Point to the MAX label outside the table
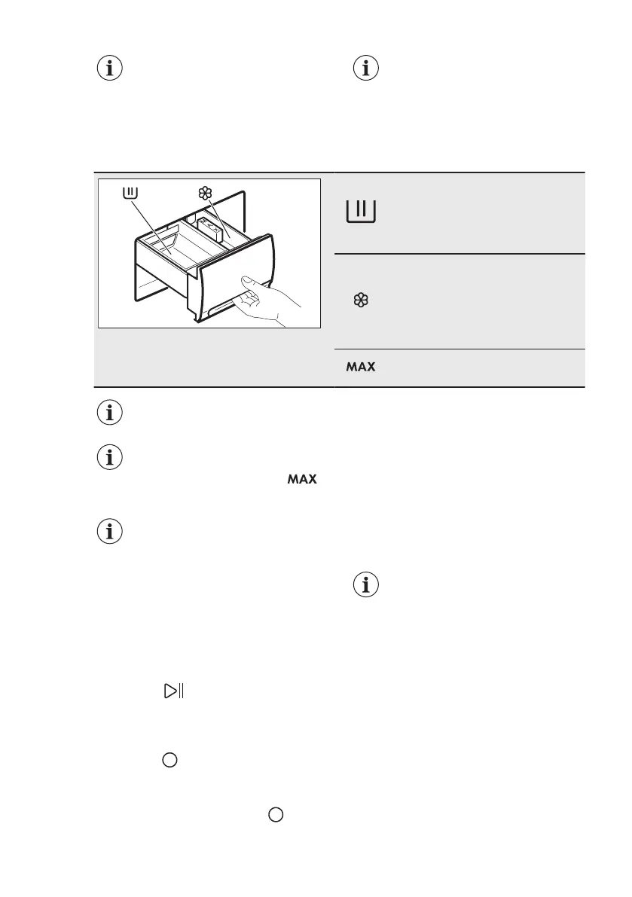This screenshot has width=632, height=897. pyautogui.click(x=301, y=480)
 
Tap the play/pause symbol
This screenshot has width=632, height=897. pyautogui.click(x=173, y=691)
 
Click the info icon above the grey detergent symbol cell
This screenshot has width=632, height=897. pyautogui.click(x=367, y=69)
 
